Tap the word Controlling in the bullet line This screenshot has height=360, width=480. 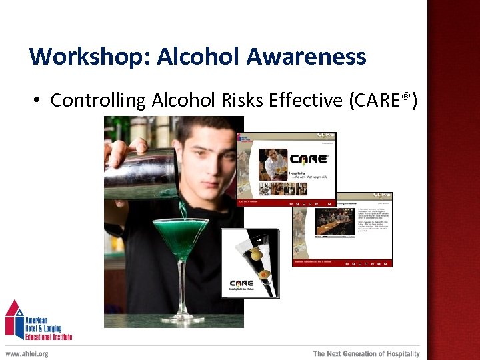coord(98,101)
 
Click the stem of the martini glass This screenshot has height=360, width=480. coord(182,287)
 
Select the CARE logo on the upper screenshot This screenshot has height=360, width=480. coord(308,159)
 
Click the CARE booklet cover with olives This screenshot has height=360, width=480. coord(250,263)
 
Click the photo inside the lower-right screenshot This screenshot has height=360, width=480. coord(335,223)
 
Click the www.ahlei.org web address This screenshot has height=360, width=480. coord(27,353)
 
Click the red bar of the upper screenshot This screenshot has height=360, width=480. coord(287,201)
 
